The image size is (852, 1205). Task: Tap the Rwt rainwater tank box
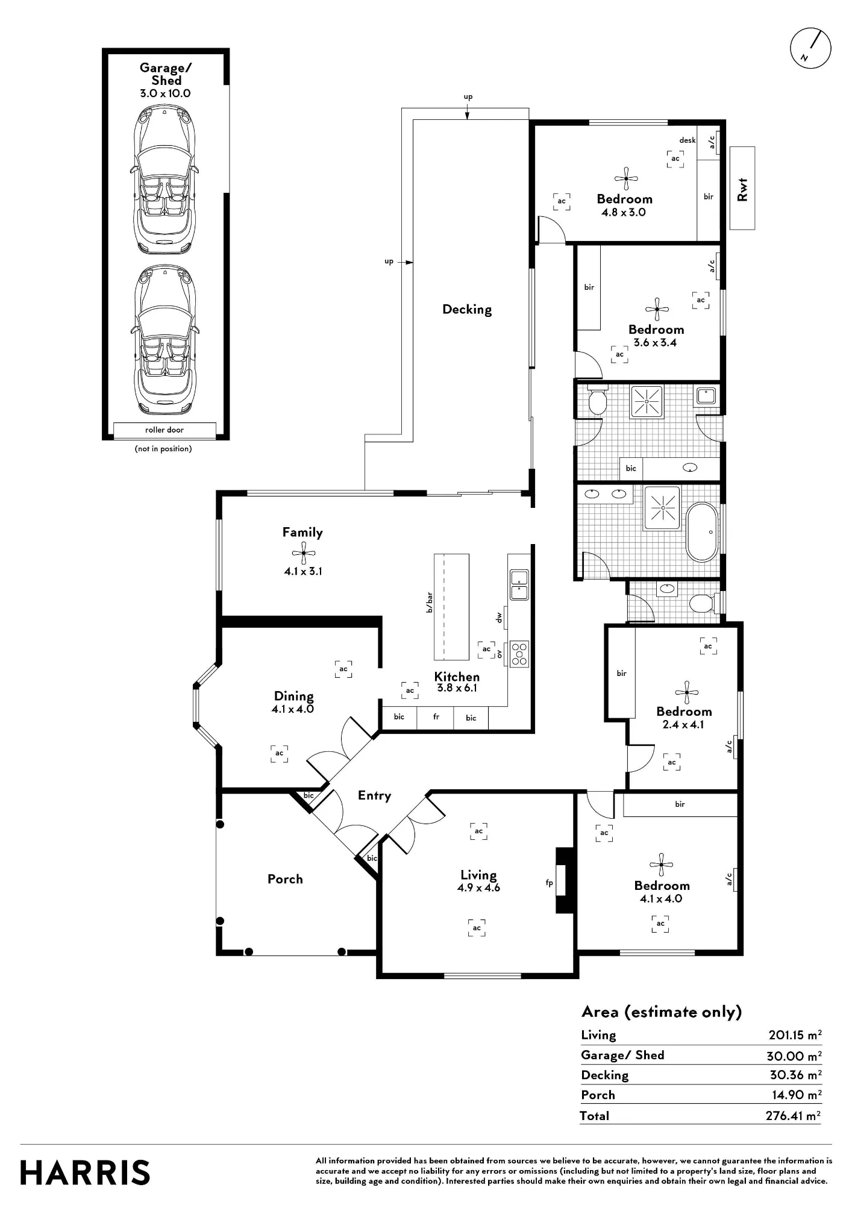pyautogui.click(x=742, y=188)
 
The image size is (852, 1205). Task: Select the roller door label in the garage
pyautogui.click(x=164, y=430)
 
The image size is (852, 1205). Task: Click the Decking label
pyautogui.click(x=467, y=310)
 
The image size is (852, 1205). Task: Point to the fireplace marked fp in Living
pyautogui.click(x=564, y=880)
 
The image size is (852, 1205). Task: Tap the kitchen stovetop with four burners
pyautogui.click(x=519, y=653)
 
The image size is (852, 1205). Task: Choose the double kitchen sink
pyautogui.click(x=519, y=584)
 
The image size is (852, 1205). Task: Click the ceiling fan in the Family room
pyautogui.click(x=303, y=552)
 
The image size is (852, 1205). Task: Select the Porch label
pyautogui.click(x=285, y=879)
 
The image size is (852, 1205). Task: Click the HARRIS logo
pyautogui.click(x=85, y=1172)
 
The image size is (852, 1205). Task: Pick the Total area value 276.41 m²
pyautogui.click(x=793, y=1115)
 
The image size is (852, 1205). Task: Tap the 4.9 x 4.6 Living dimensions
pyautogui.click(x=478, y=887)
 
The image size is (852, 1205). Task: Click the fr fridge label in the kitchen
pyautogui.click(x=436, y=716)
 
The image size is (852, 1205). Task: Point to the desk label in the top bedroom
pyautogui.click(x=688, y=140)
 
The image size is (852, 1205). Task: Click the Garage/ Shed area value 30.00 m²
pyautogui.click(x=794, y=1056)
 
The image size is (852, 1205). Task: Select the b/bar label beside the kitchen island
pyautogui.click(x=430, y=602)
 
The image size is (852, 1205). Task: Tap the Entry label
pyautogui.click(x=374, y=796)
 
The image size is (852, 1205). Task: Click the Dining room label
pyautogui.click(x=294, y=696)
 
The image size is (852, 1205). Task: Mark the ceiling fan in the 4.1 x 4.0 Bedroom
pyautogui.click(x=662, y=865)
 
